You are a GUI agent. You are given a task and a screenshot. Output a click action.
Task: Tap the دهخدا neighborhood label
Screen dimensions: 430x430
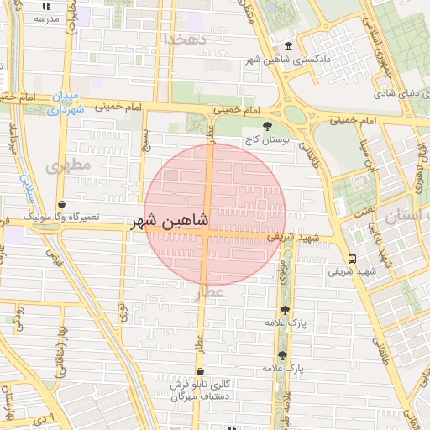[x=185, y=39]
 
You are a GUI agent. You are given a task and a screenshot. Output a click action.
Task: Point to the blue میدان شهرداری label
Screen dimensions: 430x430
[x=66, y=103]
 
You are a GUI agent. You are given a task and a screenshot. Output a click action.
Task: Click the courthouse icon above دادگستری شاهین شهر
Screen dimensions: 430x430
[x=289, y=47]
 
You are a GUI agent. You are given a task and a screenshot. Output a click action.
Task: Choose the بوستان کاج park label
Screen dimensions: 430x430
[x=267, y=140]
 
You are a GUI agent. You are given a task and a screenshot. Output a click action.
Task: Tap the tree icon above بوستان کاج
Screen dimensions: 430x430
[x=267, y=127]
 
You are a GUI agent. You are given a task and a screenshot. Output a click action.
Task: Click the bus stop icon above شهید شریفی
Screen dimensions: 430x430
[x=351, y=259]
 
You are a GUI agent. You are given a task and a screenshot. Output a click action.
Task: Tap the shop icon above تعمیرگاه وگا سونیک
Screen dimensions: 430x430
[x=63, y=204]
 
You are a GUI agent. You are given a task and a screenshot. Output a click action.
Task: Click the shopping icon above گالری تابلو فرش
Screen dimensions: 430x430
[x=200, y=371]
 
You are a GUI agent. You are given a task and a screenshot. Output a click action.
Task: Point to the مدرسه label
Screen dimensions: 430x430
[x=46, y=18]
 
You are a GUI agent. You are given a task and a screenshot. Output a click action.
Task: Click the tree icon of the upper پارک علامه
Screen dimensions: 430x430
[x=283, y=311]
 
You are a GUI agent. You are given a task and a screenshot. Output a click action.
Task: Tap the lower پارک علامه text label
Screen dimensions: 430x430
[x=281, y=368]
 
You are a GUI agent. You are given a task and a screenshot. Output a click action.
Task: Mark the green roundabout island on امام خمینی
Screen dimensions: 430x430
[x=294, y=113]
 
